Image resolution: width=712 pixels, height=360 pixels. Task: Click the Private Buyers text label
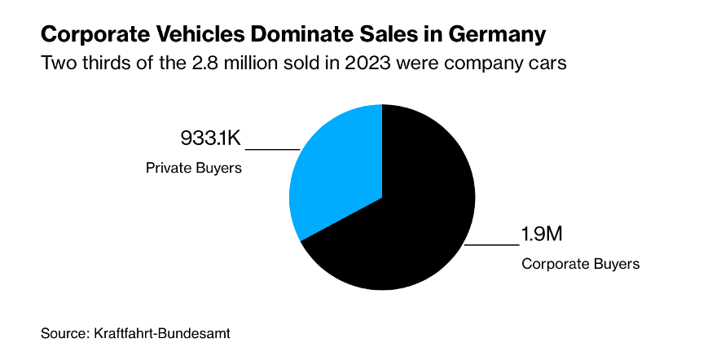point(195,169)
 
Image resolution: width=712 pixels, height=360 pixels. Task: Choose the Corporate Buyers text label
point(581,264)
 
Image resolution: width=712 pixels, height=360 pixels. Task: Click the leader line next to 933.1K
point(273,149)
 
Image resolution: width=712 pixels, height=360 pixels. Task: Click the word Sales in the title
point(391,36)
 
